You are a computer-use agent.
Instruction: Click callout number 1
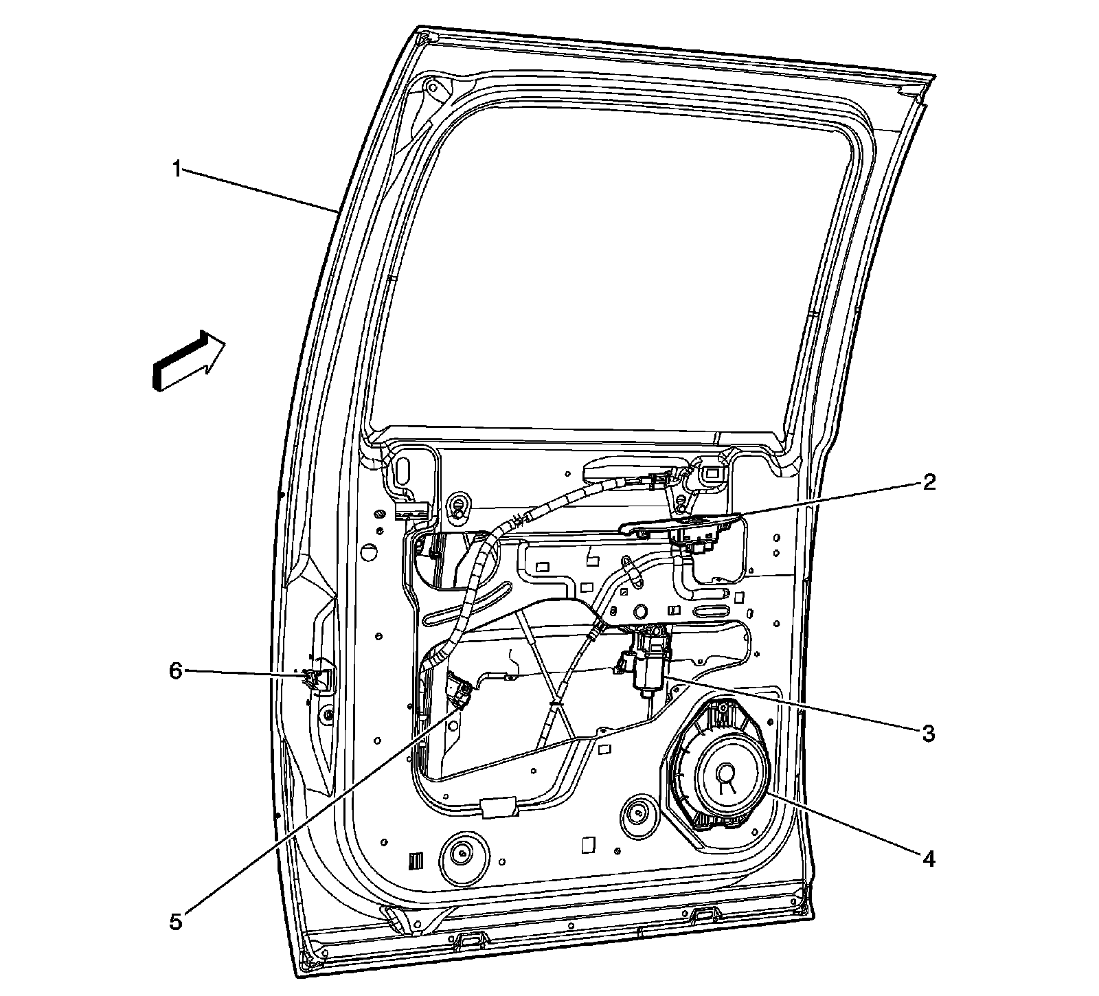click(177, 168)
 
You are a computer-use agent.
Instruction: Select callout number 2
click(929, 482)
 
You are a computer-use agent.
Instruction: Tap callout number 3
click(929, 733)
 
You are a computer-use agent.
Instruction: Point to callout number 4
click(929, 858)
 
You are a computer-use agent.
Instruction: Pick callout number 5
click(177, 922)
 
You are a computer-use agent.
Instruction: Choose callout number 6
click(177, 670)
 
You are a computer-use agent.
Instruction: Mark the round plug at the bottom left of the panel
click(462, 854)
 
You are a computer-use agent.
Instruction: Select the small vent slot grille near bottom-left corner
click(417, 861)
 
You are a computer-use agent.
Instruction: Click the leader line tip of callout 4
click(767, 792)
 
